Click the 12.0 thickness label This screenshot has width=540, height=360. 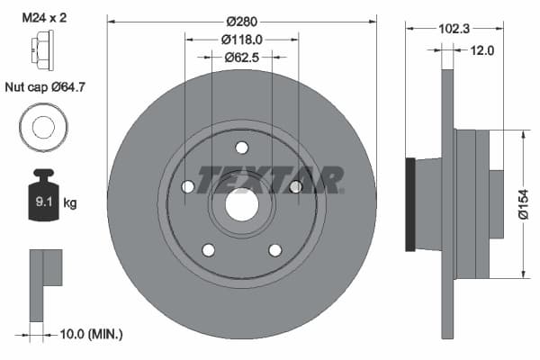coord(482,50)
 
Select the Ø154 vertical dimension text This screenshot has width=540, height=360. coord(522,203)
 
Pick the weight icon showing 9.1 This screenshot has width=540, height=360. coord(42,197)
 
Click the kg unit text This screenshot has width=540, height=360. coord(70,203)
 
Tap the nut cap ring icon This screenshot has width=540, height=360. coord(41,127)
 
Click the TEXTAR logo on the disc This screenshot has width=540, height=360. coord(269,179)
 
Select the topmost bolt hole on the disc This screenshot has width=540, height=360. coord(241,148)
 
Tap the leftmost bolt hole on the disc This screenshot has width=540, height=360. coord(187,186)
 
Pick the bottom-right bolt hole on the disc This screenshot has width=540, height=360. coord(275,250)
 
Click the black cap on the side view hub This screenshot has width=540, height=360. coord(410,204)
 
